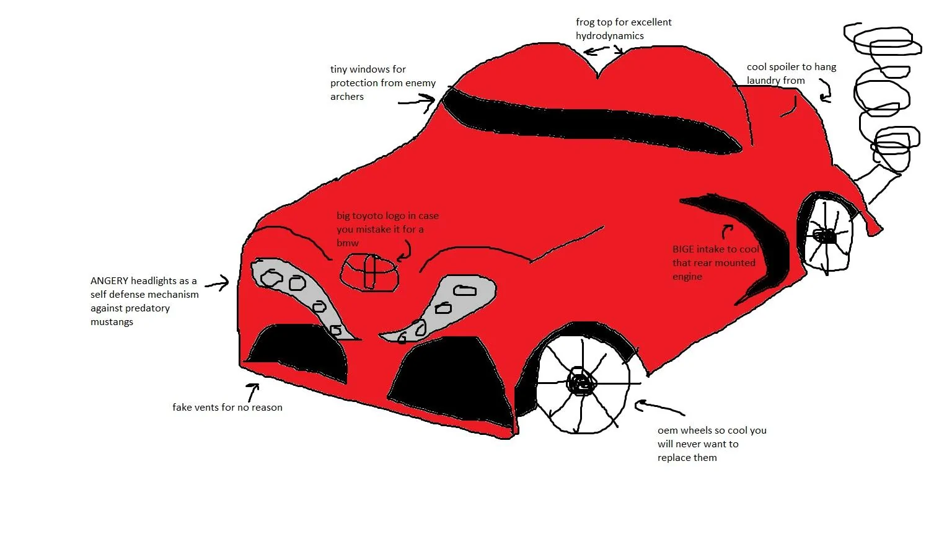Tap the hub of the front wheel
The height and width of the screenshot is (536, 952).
(581, 382)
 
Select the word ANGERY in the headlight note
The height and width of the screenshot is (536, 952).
(109, 281)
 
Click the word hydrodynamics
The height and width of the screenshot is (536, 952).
(609, 36)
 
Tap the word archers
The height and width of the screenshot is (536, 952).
(347, 97)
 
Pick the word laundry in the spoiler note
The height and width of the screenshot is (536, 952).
(764, 81)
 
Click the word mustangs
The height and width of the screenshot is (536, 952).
(112, 322)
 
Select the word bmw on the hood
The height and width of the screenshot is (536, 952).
(348, 243)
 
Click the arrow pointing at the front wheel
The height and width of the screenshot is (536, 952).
(659, 408)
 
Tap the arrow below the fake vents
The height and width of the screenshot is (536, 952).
(252, 392)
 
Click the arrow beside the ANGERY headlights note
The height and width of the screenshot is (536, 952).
(217, 284)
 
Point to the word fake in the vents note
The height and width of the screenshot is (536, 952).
(182, 408)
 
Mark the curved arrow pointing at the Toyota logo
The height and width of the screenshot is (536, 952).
(405, 250)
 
